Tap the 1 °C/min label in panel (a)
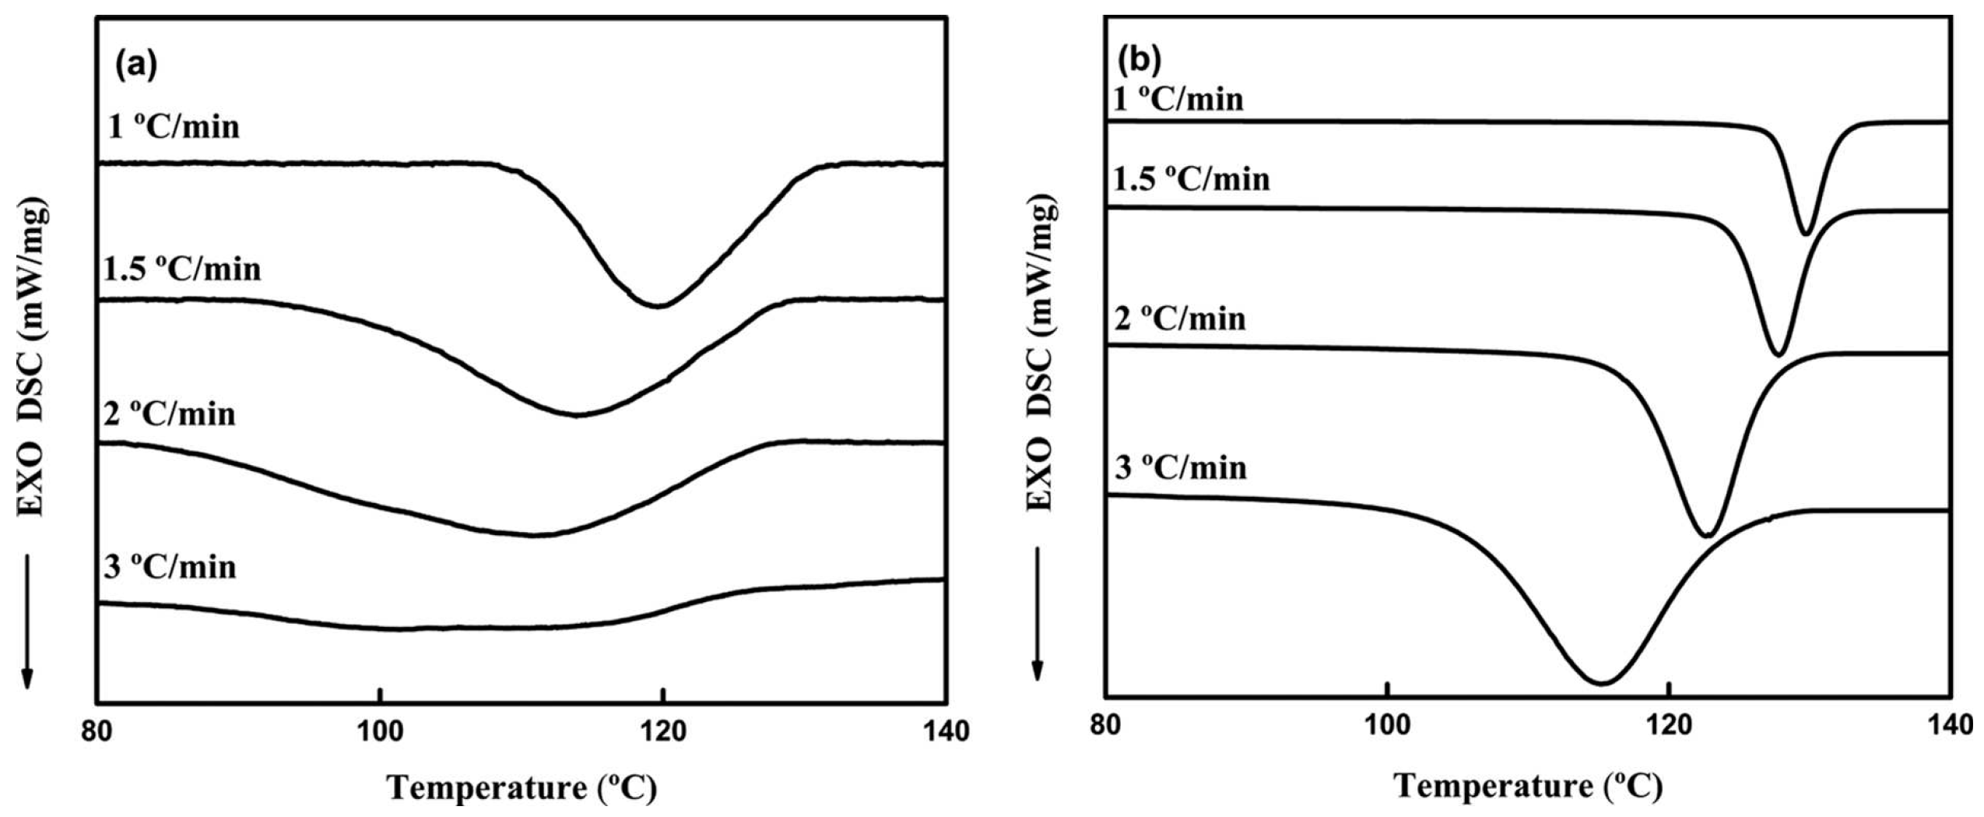[x=174, y=126]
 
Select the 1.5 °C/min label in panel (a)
[x=183, y=269]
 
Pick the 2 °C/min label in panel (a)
[x=170, y=414]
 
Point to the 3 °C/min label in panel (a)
[x=170, y=567]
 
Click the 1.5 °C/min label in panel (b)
[x=1192, y=179]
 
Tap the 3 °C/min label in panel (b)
[x=1181, y=468]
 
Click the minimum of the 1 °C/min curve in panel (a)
[x=658, y=306]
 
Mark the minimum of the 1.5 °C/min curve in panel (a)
[x=574, y=415]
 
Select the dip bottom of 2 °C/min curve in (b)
[x=1705, y=535]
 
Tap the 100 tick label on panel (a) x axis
[x=380, y=732]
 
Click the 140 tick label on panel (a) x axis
[x=944, y=732]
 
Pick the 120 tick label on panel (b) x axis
[x=1668, y=726]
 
